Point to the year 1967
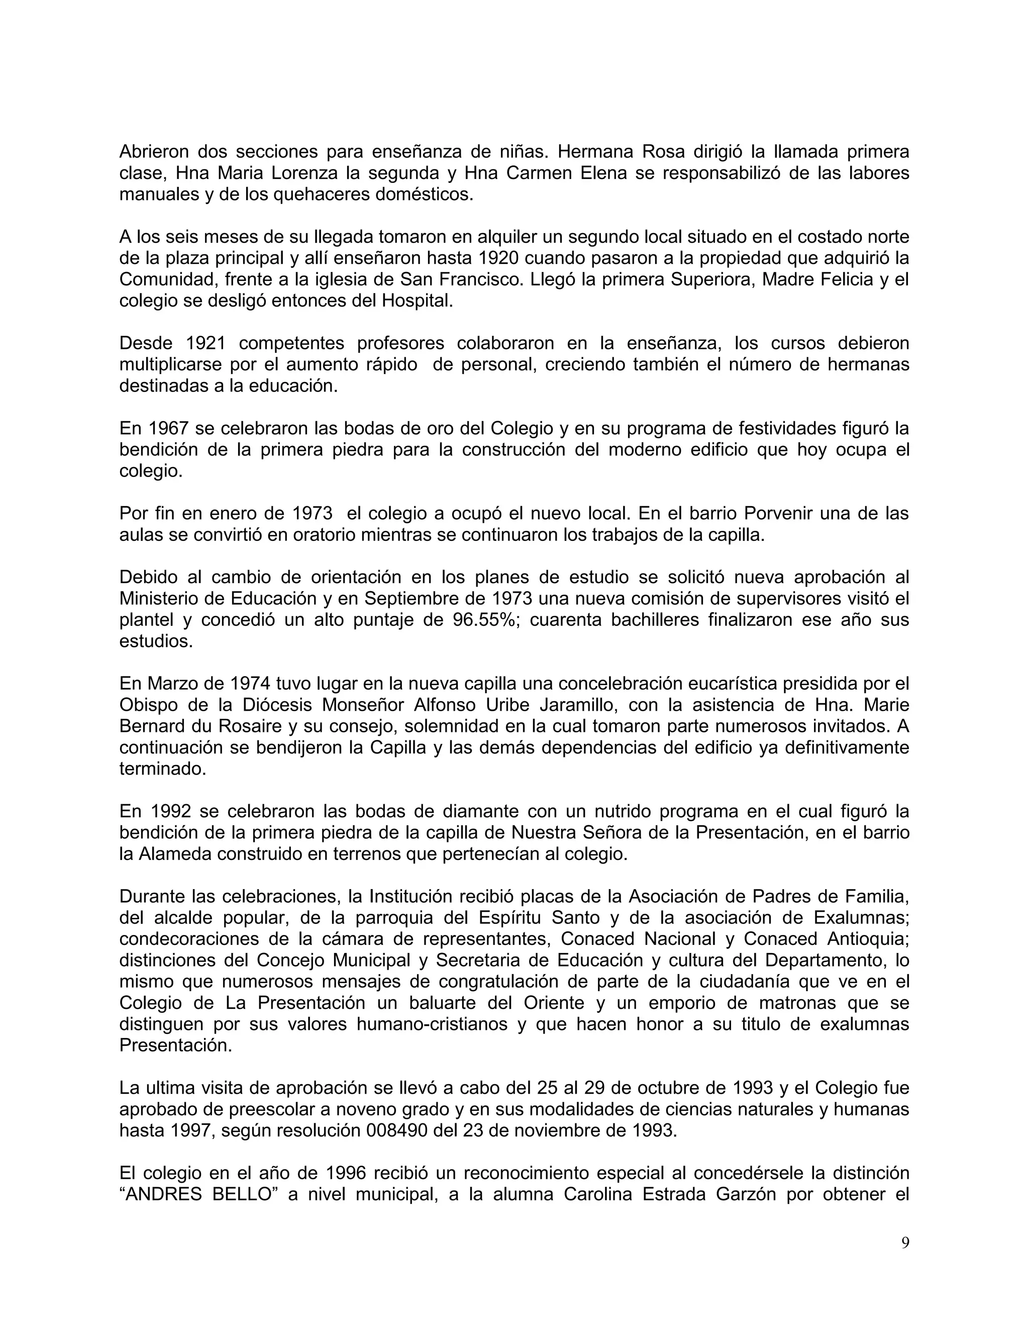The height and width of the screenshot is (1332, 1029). pos(168,428)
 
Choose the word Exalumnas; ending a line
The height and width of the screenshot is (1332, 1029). pos(861,917)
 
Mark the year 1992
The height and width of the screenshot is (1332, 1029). pos(168,811)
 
